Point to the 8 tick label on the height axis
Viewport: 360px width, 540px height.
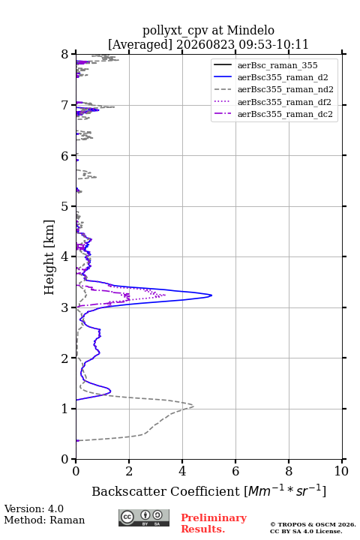pos(65,55)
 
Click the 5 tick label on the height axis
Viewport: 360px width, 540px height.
pos(65,207)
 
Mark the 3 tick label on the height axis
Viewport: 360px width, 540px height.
pos(65,307)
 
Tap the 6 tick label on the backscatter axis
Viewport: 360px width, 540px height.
pos(235,471)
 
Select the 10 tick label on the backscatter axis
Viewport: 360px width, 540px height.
pos(342,471)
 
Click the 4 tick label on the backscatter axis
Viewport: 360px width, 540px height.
pos(182,471)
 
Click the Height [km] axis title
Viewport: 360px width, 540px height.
pos(49,257)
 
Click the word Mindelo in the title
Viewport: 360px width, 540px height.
pos(250,30)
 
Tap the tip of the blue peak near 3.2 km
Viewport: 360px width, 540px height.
pos(211,295)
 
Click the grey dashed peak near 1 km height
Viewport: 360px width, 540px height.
pos(193,406)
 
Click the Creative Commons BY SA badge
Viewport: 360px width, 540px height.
pos(144,517)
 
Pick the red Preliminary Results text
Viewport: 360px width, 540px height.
pos(214,523)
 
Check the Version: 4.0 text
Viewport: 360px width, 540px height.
pos(34,508)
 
